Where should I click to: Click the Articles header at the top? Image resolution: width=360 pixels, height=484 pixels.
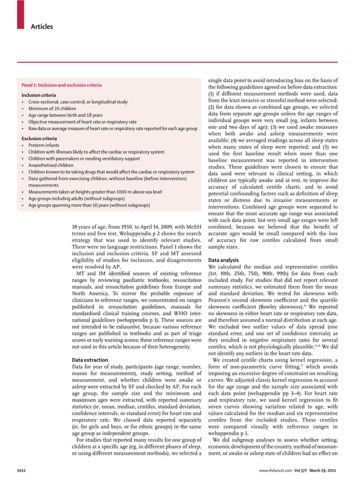click(42, 27)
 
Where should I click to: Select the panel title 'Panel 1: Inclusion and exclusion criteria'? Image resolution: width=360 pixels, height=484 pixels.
click(62, 85)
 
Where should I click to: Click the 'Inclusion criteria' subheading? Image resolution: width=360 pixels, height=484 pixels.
click(38, 95)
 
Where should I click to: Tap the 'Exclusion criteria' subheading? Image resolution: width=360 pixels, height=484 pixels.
click(39, 138)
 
